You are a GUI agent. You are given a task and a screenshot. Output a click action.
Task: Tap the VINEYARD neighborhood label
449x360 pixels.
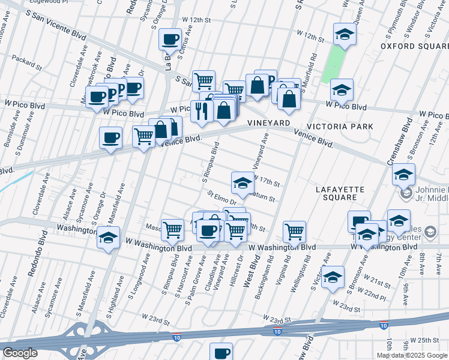(269, 122)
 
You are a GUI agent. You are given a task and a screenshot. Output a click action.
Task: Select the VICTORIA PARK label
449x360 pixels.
(340, 127)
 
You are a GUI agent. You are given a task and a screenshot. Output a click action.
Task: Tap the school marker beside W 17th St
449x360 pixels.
(242, 183)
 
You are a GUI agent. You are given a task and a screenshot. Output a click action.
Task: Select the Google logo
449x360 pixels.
(19, 353)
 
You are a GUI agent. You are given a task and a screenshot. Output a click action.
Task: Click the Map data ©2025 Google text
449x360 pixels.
(412, 355)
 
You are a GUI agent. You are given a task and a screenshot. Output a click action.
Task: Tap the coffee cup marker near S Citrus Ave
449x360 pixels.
(170, 40)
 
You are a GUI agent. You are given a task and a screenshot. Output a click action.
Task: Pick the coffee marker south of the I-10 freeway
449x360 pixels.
(221, 353)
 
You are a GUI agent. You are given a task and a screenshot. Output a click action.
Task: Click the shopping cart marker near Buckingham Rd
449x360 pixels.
(295, 231)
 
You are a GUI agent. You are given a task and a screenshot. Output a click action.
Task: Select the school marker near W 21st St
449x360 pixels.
(333, 278)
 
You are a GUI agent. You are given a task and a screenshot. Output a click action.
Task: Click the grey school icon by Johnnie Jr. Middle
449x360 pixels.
(406, 193)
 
